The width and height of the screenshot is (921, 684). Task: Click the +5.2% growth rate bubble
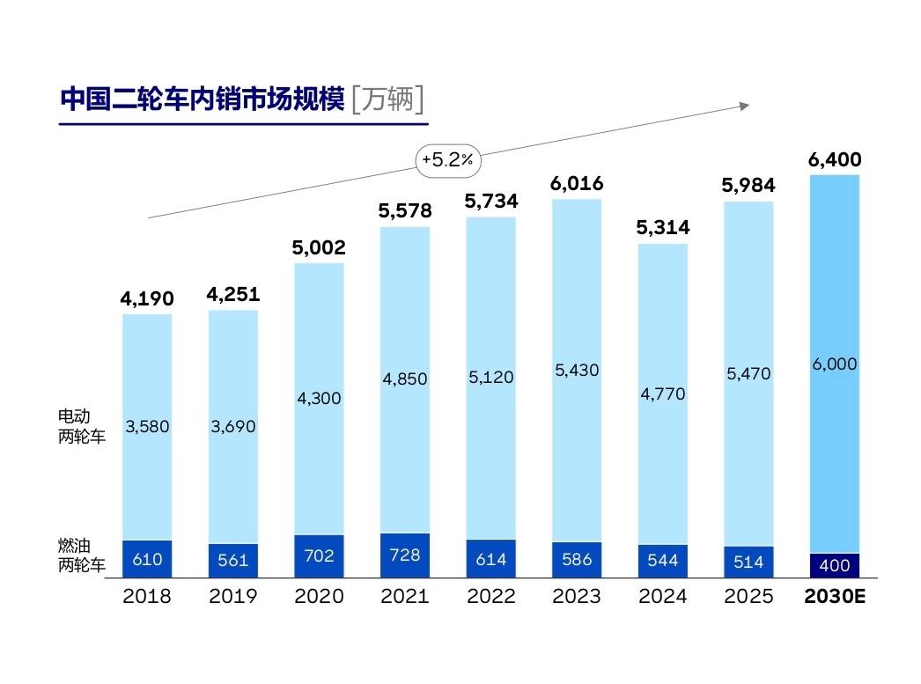[448, 159]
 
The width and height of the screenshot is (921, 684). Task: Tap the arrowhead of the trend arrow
[745, 107]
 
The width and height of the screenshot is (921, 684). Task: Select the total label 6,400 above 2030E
[835, 159]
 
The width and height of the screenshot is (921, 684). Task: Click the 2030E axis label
[835, 596]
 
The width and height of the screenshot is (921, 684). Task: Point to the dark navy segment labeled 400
[835, 565]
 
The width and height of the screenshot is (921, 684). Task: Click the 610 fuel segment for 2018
[147, 559]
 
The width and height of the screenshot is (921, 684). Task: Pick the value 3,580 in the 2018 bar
[147, 426]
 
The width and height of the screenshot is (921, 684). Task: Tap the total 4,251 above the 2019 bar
[233, 293]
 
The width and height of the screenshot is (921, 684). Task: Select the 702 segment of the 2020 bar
[319, 556]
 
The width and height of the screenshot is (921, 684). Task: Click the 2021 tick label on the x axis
[405, 596]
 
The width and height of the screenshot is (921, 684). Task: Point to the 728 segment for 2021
[405, 555]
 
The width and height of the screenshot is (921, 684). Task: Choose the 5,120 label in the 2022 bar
[491, 377]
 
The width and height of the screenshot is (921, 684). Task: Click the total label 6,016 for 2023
[577, 183]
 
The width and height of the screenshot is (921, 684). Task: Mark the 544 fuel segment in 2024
[662, 562]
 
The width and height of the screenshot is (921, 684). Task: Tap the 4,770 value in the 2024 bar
[662, 393]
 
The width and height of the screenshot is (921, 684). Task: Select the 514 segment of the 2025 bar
[748, 562]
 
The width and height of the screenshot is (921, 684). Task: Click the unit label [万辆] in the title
[387, 99]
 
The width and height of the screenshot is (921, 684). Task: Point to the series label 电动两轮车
[81, 426]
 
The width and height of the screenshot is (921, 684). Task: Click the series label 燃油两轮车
[81, 555]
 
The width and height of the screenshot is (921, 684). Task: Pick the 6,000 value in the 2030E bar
[835, 364]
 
